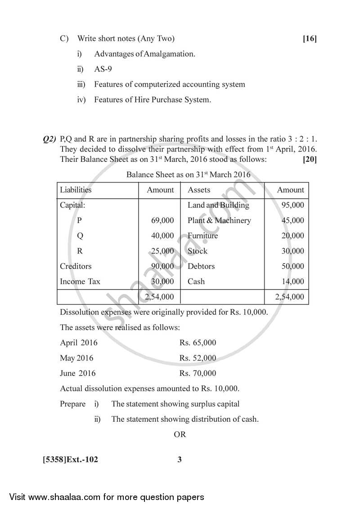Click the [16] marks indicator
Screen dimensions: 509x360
click(x=310, y=39)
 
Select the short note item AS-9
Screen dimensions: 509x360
click(x=103, y=69)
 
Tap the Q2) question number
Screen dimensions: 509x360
click(x=49, y=139)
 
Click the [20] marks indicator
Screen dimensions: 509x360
click(x=310, y=159)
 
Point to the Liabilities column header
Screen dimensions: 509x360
click(x=76, y=190)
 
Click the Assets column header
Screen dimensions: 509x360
click(x=199, y=190)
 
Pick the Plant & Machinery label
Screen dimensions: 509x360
click(x=219, y=220)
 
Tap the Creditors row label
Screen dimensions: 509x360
click(x=76, y=266)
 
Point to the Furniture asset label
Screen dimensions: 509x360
click(x=202, y=236)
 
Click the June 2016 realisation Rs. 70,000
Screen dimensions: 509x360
click(x=198, y=373)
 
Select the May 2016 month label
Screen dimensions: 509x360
click(x=76, y=358)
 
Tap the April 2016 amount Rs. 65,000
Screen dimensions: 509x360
click(x=198, y=343)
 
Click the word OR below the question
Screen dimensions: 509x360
click(x=180, y=434)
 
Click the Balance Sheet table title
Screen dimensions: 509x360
click(x=189, y=174)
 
